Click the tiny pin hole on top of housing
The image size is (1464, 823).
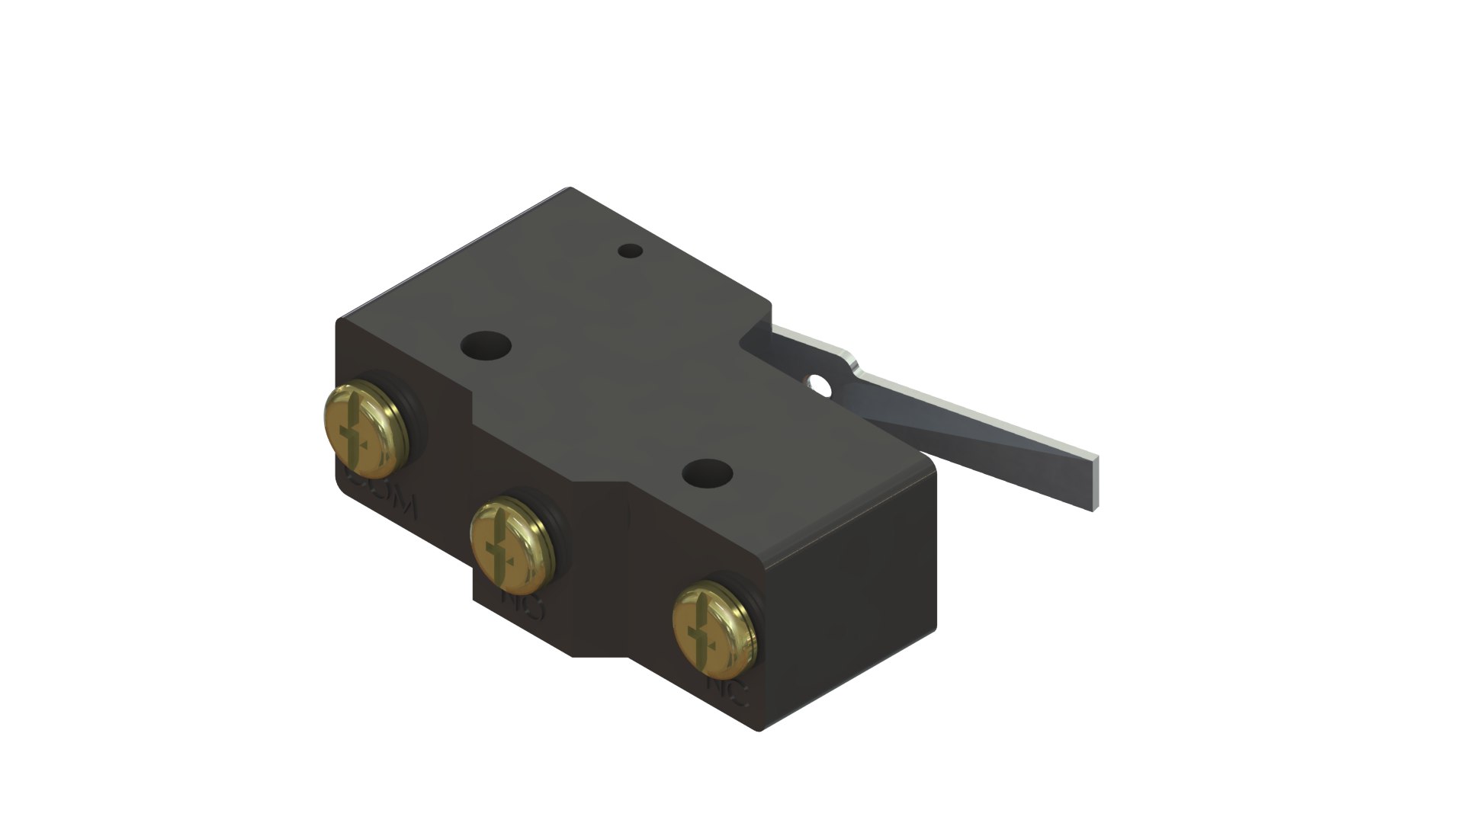(629, 251)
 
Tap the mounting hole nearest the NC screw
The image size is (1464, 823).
(707, 474)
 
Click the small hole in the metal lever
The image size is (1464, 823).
(821, 386)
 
